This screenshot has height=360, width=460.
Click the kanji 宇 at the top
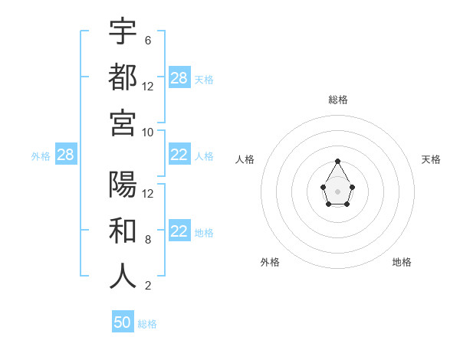point(123,32)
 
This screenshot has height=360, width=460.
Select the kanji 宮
point(123,123)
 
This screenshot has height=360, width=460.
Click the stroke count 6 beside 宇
point(147,40)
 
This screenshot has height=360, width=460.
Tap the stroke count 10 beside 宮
point(148,132)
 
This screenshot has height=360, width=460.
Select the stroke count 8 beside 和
point(147,240)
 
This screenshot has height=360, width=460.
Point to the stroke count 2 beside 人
point(147,286)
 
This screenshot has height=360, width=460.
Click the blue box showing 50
point(123,322)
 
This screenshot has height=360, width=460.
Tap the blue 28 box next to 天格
point(179,78)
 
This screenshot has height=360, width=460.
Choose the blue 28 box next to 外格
point(65,155)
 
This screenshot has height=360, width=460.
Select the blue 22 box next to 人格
point(179,155)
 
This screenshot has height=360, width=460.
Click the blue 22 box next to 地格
point(179,232)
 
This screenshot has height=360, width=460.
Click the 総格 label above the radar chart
point(337,100)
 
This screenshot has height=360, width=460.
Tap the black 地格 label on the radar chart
point(402,262)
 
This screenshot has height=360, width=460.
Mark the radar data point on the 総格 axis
point(337,161)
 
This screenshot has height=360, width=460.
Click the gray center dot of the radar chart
point(337,191)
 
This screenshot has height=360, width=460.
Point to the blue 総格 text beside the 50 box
point(147,323)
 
